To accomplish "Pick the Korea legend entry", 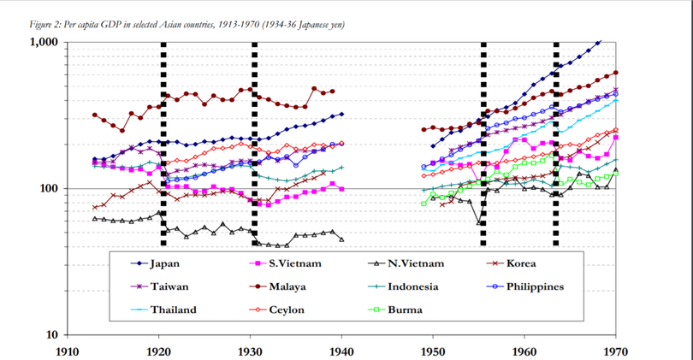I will click(x=520, y=263).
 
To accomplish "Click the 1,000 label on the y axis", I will click(x=44, y=42).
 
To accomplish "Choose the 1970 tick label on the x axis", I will click(x=616, y=351).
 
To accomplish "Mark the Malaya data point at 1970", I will click(x=616, y=73).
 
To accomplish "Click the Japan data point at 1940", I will click(x=342, y=114).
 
